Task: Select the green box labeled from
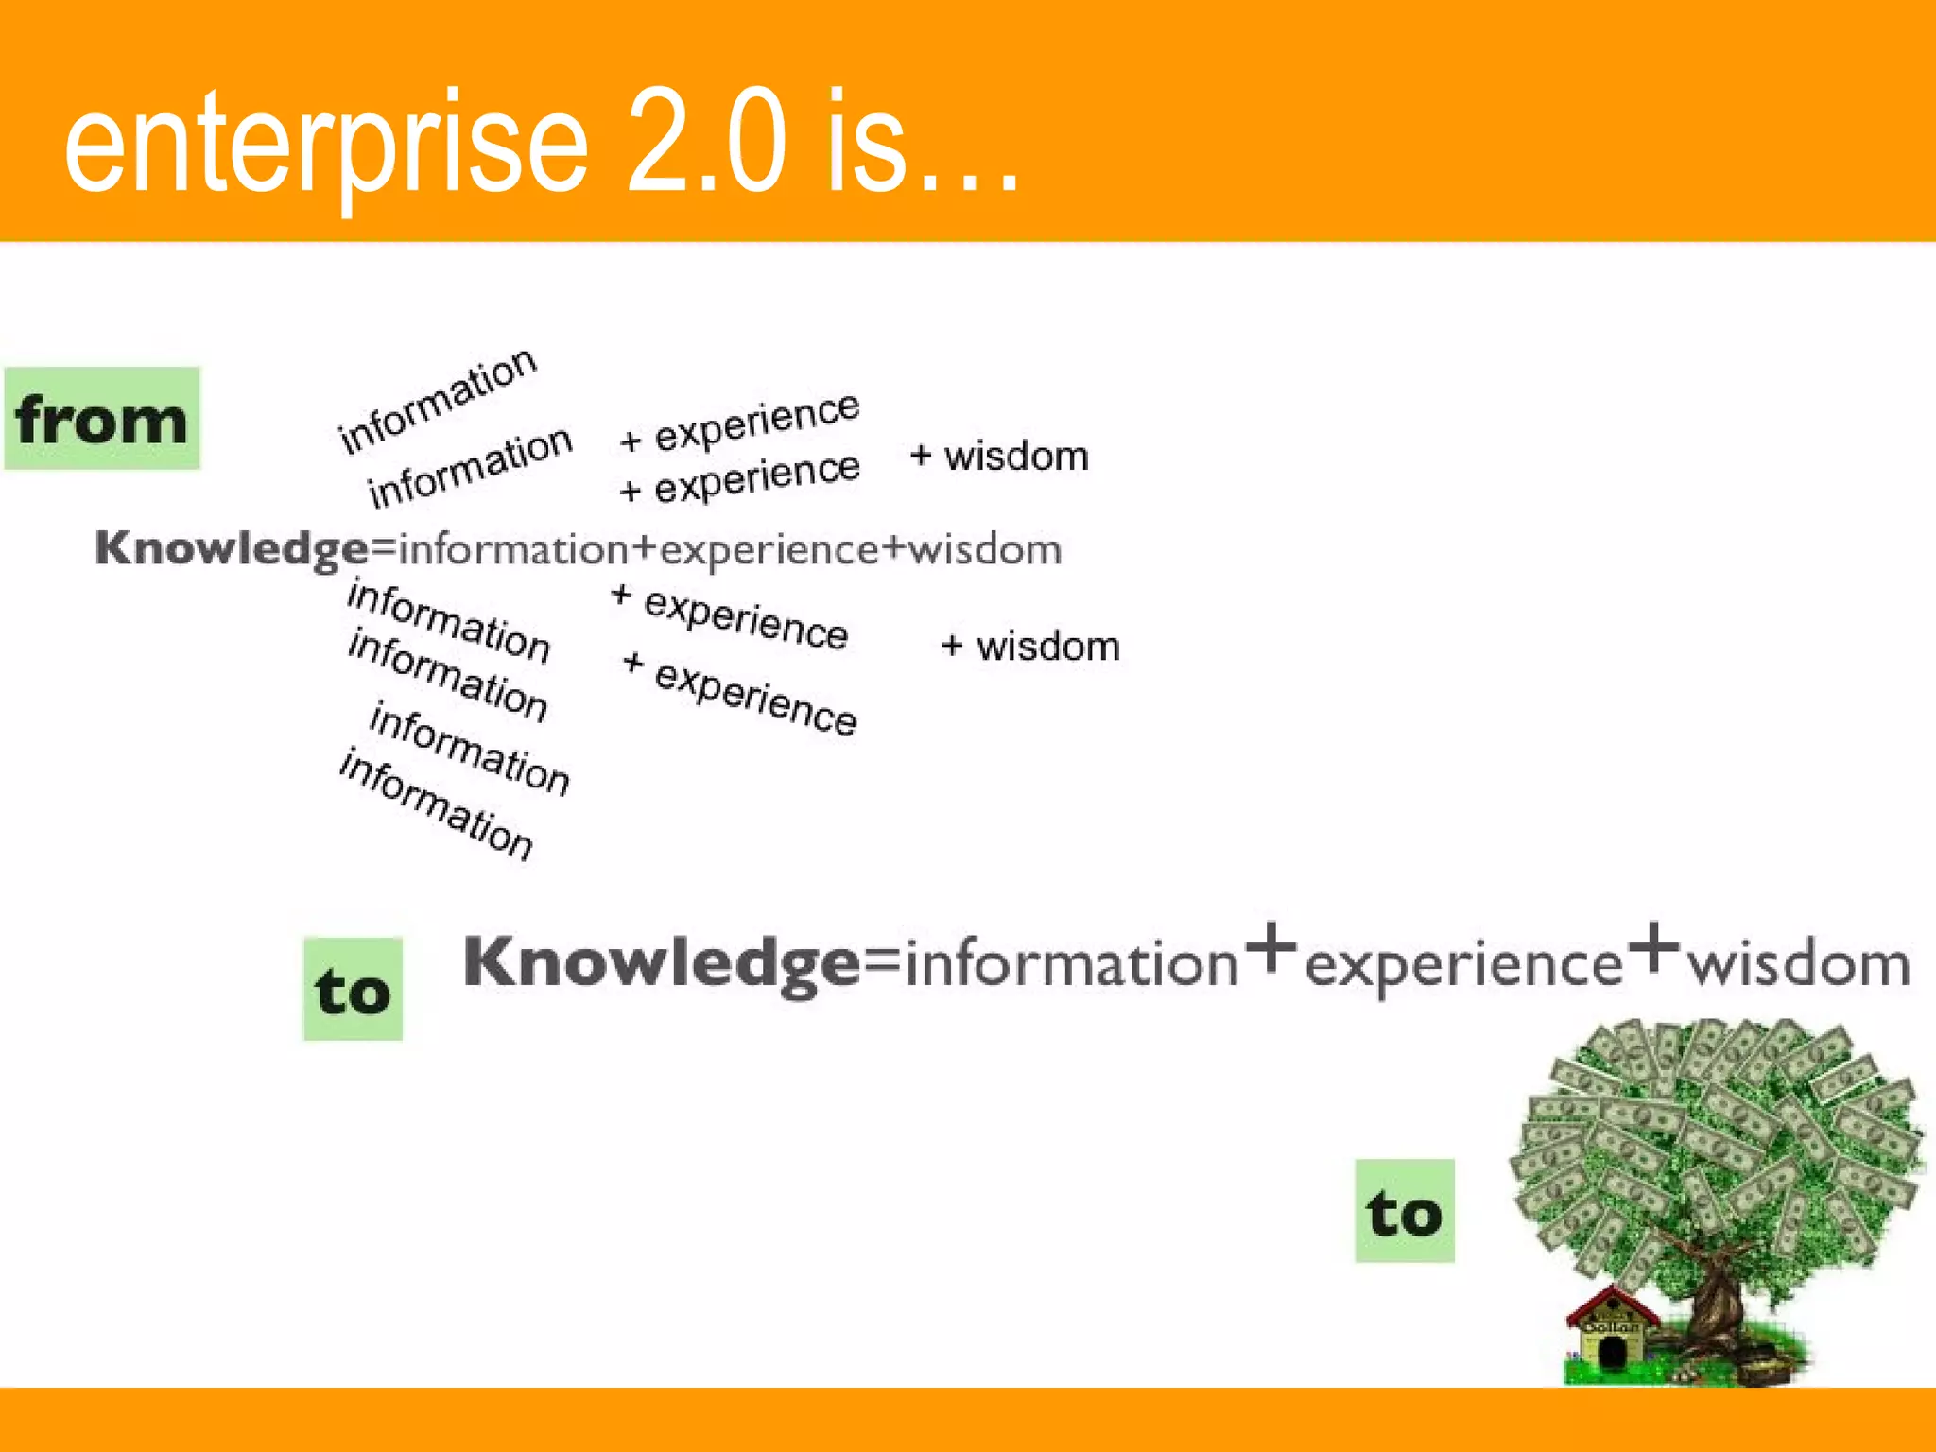pos(102,419)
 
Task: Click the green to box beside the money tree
pos(1404,1211)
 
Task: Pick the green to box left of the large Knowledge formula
pos(353,990)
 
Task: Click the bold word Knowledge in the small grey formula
pos(232,549)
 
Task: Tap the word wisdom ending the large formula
pos(1799,964)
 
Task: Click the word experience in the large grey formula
pos(1463,966)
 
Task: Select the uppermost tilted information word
pos(438,399)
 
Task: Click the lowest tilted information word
pos(437,804)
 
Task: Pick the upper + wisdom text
pos(999,457)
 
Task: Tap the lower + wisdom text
pos(1030,647)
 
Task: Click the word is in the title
pos(865,142)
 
